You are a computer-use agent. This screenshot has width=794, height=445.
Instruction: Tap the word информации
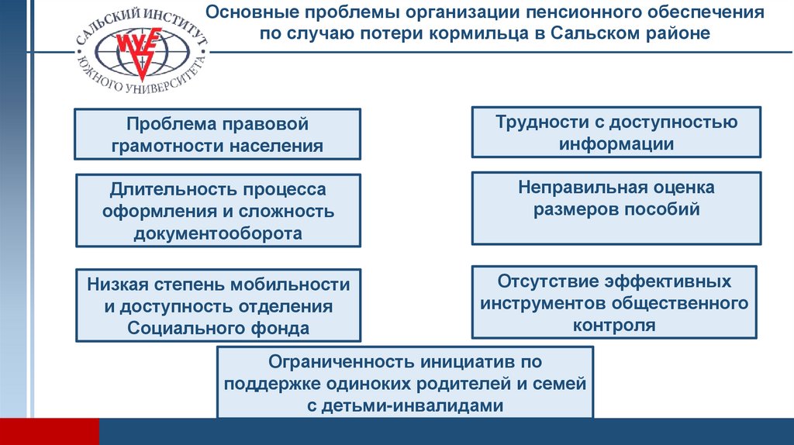(616, 143)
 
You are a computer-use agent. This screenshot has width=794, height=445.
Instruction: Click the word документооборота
(218, 233)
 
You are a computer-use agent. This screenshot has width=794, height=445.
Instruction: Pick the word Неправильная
(574, 188)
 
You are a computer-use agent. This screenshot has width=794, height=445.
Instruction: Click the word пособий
(665, 209)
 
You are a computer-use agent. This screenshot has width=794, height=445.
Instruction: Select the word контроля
(615, 325)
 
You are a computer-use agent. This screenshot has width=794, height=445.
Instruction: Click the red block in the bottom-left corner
(50, 431)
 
